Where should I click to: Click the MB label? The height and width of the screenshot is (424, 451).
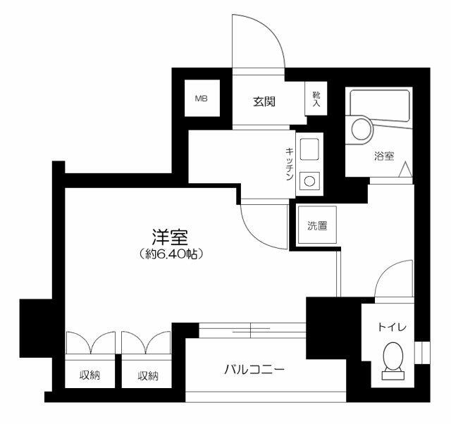202,99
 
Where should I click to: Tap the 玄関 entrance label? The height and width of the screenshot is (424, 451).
264,101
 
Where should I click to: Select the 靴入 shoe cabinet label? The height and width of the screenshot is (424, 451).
316,99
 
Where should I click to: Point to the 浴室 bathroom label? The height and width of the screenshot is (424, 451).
384,156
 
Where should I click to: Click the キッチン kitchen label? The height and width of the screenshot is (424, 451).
290,164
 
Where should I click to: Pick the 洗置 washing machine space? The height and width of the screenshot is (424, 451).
317,225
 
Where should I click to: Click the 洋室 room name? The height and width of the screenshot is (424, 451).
170,237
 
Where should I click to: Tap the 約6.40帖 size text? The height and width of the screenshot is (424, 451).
171,254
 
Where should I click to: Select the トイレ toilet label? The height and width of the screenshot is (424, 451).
392,327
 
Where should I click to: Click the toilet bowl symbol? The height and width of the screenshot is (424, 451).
393,356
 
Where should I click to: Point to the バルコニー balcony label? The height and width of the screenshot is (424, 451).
254,369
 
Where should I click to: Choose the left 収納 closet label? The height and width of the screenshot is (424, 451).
89,375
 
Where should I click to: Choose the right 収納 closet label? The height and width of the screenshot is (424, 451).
148,375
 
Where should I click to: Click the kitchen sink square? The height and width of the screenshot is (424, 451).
309,149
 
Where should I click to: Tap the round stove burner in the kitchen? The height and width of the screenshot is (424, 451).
309,182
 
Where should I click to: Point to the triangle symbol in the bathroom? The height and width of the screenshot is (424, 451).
406,169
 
